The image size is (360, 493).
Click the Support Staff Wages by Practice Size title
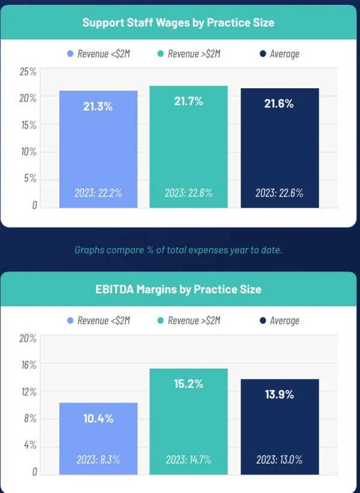178,23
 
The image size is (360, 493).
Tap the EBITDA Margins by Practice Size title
179,289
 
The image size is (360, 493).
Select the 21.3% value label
98,106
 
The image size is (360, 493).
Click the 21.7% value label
188,101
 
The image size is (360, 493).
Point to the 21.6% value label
279,103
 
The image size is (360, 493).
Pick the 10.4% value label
98,419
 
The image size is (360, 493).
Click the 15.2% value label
188,384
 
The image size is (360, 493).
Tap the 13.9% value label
279,395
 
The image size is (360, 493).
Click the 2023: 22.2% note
98,193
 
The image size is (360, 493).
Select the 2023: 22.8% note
188,193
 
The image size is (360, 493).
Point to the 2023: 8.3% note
98,459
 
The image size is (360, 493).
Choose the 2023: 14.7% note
188,459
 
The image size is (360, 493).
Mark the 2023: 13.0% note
279,459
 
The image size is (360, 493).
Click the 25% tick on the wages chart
28,72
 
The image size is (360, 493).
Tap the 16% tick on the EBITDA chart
28,364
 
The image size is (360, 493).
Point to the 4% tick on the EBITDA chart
30,445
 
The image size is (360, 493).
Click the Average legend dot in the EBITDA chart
263,321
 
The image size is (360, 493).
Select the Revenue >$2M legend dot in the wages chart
161,54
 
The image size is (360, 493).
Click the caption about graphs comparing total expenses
178,250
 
